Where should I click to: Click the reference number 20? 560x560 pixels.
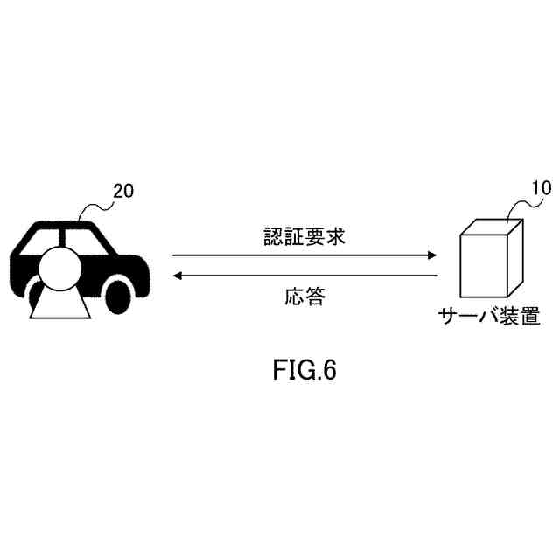(123, 192)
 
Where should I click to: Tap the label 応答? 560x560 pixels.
(304, 297)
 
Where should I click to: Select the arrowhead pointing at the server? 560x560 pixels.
(430, 255)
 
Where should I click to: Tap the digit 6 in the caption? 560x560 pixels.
(329, 370)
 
